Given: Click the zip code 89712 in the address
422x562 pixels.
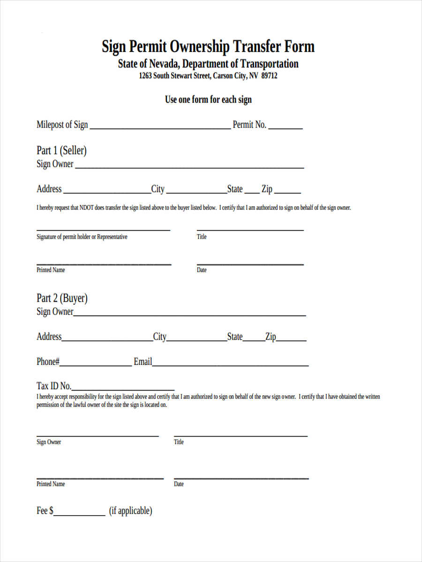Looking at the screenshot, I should coord(269,76).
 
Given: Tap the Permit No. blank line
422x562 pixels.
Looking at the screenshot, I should coord(286,127).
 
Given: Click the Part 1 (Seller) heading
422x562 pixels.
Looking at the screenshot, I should coord(61,150).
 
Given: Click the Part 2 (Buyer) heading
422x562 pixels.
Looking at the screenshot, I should coord(62,298).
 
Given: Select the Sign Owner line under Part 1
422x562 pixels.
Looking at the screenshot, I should coord(189,167).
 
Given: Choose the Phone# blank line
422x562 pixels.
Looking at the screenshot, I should coord(96,364).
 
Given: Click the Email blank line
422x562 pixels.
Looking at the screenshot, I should coord(230,364).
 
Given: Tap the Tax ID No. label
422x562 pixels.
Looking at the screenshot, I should coord(54,386).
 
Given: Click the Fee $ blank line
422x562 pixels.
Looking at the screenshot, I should coord(79,514).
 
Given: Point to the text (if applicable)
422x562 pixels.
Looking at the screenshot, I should coord(131,510).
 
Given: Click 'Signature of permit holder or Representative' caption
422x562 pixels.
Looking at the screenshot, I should coord(82,237).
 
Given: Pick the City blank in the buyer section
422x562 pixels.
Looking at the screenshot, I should coord(196,340).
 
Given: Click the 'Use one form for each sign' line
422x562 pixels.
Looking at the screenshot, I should coord(208,100).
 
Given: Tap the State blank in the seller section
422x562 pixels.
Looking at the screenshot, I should coord(252,192).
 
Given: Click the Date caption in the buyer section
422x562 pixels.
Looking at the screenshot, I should coord(179,484).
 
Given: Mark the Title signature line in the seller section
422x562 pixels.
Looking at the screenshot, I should coord(250,229).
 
